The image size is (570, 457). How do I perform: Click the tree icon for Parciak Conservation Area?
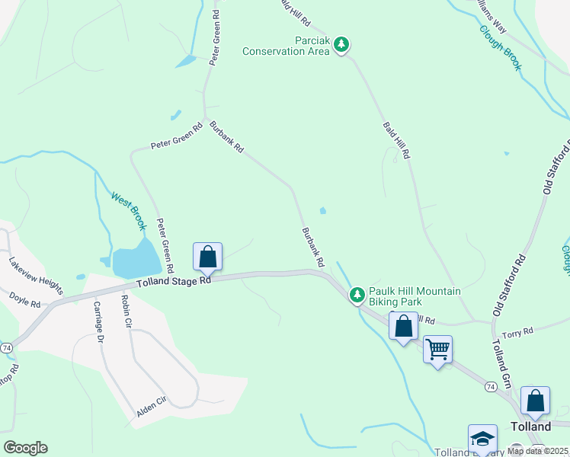(342, 45)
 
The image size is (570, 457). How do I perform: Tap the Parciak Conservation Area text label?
(287, 46)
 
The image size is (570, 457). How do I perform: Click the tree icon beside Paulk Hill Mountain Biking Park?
(357, 294)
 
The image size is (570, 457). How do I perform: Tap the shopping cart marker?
(438, 350)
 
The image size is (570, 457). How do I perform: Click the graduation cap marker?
(482, 439)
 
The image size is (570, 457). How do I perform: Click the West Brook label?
(128, 210)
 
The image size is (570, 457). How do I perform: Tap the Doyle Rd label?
(25, 299)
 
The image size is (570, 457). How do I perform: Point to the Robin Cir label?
(126, 312)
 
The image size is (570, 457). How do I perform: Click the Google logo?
(25, 448)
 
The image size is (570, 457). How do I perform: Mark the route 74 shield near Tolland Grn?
(490, 387)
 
